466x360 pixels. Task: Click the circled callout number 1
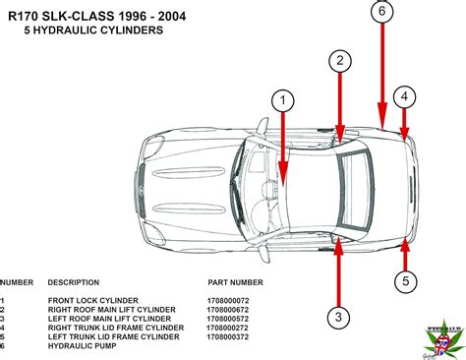(283, 100)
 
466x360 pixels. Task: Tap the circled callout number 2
(340, 61)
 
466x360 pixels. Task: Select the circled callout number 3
(338, 316)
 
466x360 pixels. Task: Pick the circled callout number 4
(406, 96)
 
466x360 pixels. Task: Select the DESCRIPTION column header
(74, 280)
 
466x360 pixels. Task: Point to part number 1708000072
(227, 300)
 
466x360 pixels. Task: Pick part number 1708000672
(227, 309)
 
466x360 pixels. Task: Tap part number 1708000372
(227, 335)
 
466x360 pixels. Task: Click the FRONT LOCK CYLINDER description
(93, 300)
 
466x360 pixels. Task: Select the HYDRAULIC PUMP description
(81, 344)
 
